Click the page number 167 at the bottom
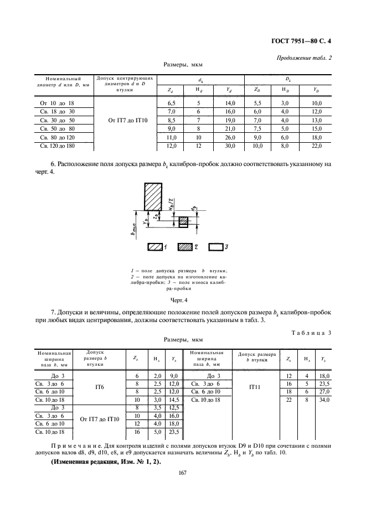tap(182, 472)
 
